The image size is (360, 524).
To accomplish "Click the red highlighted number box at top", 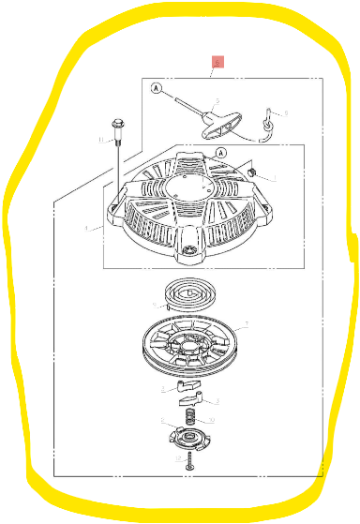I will [x=217, y=63].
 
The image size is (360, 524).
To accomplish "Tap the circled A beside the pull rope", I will [x=157, y=90].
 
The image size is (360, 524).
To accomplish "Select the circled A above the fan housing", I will [x=222, y=153].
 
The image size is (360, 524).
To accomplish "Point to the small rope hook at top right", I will [x=269, y=118].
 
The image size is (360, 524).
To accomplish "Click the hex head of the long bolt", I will [x=117, y=124].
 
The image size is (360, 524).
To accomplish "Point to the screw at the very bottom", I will [x=189, y=461].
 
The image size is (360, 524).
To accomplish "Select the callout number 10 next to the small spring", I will [x=211, y=419].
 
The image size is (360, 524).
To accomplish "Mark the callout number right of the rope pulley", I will [x=246, y=325].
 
